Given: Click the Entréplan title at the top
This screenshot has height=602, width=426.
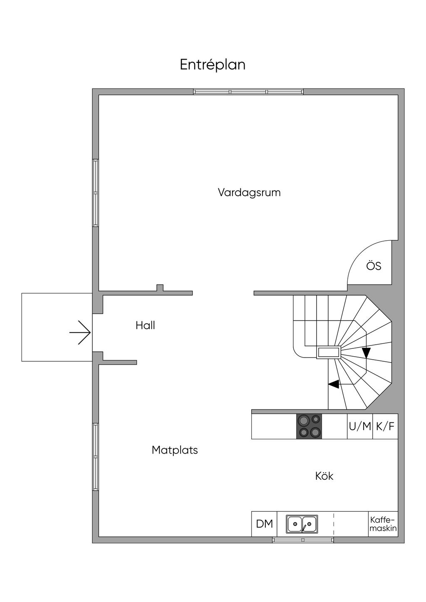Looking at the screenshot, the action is point(213,65).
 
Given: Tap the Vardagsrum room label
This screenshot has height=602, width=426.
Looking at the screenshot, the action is point(249,192).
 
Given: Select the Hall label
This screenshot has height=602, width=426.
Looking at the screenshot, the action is point(145,326).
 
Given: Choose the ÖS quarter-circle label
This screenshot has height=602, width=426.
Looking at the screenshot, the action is point(374,266).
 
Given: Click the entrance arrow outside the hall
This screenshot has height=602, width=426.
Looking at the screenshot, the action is point(80,333).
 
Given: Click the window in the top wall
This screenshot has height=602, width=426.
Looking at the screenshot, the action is point(248,91).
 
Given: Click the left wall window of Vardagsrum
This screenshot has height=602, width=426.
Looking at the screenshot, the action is point(95,192).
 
